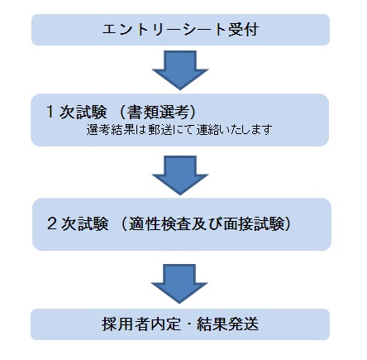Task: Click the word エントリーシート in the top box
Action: tap(164, 30)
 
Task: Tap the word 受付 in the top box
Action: tap(243, 30)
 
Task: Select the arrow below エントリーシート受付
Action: tap(180, 70)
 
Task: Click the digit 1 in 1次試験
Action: tap(50, 112)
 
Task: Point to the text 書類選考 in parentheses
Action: tap(158, 112)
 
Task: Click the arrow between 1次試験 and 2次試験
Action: tap(180, 175)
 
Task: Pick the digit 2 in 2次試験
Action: tap(52, 223)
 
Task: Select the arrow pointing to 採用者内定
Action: tap(179, 284)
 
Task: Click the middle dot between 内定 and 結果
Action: tap(189, 324)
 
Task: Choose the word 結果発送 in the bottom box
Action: tap(228, 324)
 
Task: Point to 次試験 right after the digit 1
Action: tap(83, 112)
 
